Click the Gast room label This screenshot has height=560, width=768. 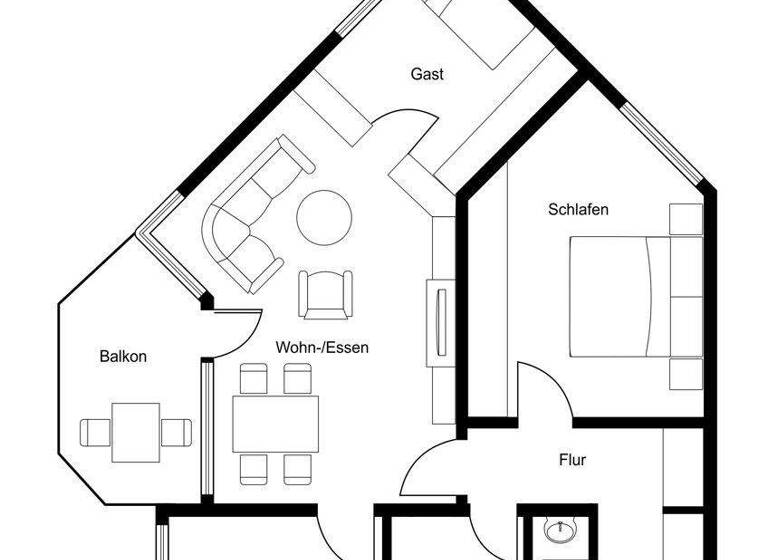point(427,74)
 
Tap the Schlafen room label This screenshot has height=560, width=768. point(578,210)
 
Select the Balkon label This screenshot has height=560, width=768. point(123,356)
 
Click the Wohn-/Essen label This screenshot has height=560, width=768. point(323,348)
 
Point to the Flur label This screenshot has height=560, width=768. point(572,461)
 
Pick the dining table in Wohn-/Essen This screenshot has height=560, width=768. point(275,424)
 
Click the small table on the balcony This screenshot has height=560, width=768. point(136,431)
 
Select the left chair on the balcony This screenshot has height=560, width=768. point(97,432)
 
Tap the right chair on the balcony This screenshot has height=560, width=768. point(176,432)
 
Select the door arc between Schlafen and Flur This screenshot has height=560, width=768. point(545,385)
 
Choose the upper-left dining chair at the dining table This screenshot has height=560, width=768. point(253,378)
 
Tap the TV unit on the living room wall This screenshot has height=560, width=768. point(439,320)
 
